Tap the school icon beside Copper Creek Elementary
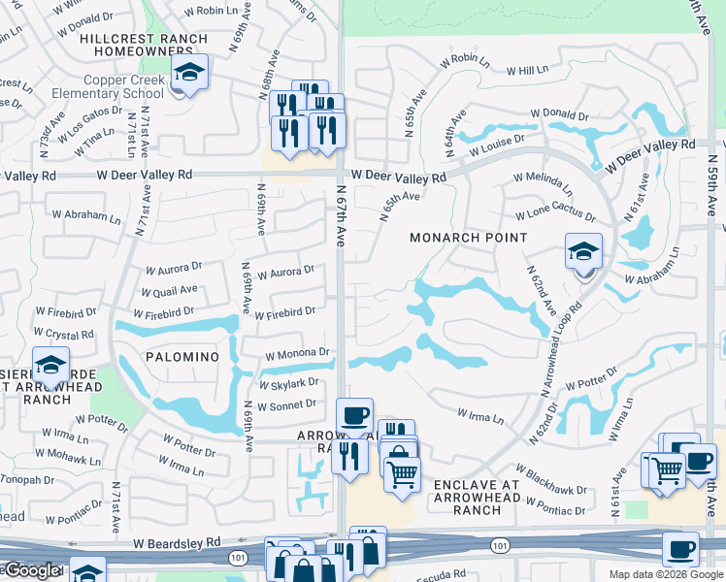(x=189, y=74)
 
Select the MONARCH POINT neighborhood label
(x=468, y=238)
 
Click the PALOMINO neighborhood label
(x=182, y=357)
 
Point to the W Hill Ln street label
(x=527, y=71)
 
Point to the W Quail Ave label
(x=170, y=289)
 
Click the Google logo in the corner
(x=31, y=570)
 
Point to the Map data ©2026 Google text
(x=664, y=574)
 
